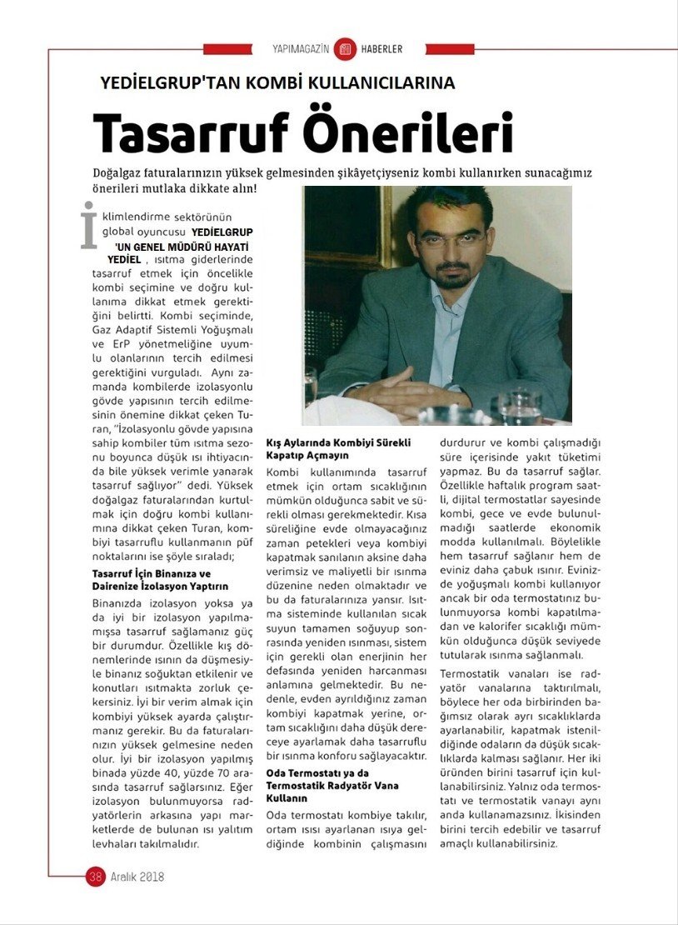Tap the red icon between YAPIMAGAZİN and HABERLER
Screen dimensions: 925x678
(x=345, y=49)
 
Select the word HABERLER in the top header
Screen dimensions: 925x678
(x=381, y=49)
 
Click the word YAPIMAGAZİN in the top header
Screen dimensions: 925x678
(x=301, y=49)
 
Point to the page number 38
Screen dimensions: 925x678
(x=95, y=877)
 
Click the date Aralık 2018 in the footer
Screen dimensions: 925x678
(x=137, y=877)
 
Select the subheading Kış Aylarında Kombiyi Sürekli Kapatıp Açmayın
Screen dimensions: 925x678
(x=337, y=448)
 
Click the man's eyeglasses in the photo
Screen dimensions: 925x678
(x=450, y=240)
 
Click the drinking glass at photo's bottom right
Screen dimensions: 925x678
(x=521, y=406)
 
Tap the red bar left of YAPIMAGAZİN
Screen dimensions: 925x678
(x=227, y=49)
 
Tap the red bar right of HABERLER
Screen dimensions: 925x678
(x=449, y=49)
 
